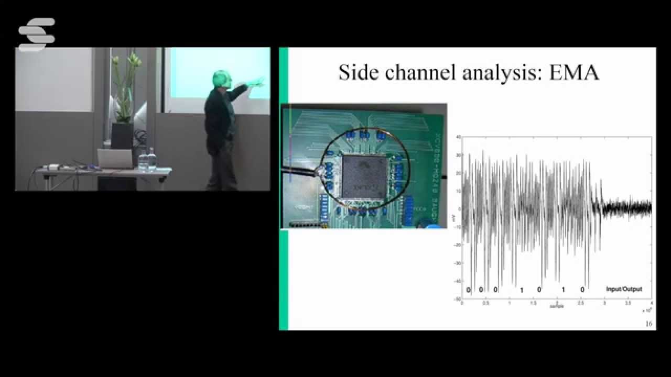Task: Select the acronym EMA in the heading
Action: coord(573,72)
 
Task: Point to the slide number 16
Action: coord(648,324)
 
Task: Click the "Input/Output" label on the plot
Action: coord(623,289)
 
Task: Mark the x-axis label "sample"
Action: coord(557,306)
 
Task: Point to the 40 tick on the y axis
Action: coord(458,137)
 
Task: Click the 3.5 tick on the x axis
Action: coord(628,303)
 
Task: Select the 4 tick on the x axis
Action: coord(651,303)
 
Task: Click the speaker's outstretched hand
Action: coord(257,82)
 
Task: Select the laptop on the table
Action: coord(115,159)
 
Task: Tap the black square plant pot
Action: coord(123,136)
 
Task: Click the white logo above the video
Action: coord(36,34)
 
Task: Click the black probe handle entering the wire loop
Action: coord(299,170)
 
